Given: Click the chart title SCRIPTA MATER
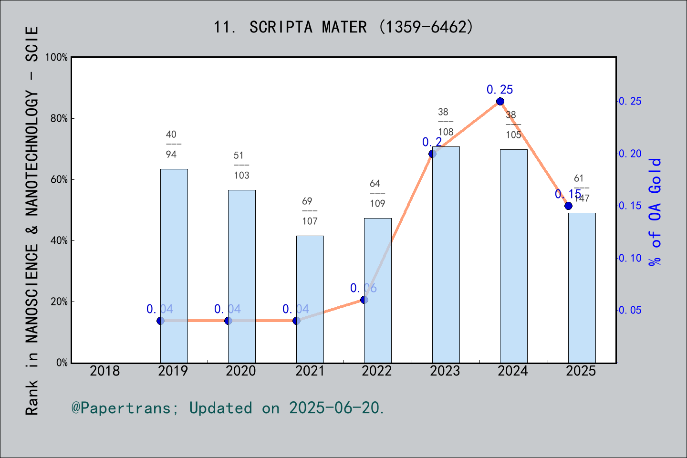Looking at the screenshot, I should (x=343, y=27).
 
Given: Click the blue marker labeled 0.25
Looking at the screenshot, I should (x=500, y=101).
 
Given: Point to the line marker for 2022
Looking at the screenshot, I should (x=364, y=300).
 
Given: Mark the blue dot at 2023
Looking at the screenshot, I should (x=432, y=154).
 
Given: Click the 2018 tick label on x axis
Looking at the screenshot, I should (x=105, y=371).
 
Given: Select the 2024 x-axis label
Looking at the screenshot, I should (x=513, y=371).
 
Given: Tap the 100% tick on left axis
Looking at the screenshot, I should (x=56, y=57).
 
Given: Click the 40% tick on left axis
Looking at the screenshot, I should (x=59, y=241).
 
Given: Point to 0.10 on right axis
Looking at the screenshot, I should (x=630, y=258).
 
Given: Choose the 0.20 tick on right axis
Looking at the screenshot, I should (x=630, y=154).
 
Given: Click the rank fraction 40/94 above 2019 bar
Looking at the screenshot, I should (x=172, y=144).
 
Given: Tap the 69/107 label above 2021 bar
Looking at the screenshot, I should (x=310, y=211).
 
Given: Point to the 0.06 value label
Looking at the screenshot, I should (x=363, y=288).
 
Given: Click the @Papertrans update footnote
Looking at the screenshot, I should (x=228, y=408).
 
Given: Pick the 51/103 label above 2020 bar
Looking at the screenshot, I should (x=241, y=165).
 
